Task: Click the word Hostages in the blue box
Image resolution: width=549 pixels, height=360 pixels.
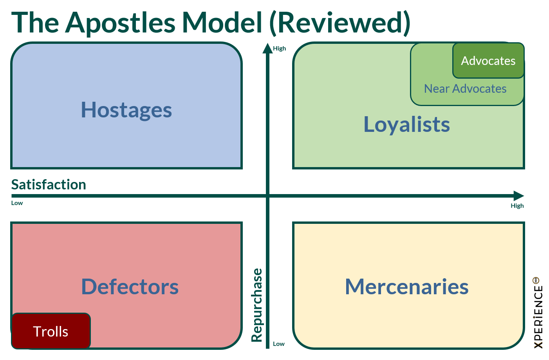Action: [126, 110]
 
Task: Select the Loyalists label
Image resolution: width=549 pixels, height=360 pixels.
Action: [406, 124]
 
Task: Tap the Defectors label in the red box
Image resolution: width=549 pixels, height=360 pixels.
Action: [130, 286]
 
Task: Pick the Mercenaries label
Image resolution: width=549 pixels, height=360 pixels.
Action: [406, 286]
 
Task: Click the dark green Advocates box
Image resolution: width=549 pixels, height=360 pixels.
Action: [488, 61]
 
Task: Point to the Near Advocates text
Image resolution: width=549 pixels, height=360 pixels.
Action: [465, 89]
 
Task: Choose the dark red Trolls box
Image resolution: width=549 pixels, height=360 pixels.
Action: [51, 331]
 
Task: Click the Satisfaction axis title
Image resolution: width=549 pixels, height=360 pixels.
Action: [49, 184]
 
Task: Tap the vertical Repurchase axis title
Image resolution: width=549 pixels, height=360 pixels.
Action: [257, 305]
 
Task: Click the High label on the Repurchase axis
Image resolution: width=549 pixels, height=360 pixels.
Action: [279, 49]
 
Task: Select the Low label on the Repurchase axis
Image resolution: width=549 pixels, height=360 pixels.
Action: [278, 344]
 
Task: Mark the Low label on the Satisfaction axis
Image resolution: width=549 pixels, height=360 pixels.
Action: [17, 203]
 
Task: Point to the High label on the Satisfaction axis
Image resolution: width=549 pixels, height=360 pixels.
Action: [517, 206]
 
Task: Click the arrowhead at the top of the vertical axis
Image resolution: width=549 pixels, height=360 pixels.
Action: [267, 48]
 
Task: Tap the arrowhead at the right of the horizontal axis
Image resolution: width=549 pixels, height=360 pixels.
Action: [518, 196]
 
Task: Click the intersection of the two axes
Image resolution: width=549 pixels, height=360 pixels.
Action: [268, 196]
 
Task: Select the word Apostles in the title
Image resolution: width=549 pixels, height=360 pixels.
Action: [121, 23]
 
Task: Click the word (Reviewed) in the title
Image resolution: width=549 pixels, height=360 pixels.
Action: [340, 23]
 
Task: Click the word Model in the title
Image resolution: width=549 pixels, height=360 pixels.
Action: [222, 23]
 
